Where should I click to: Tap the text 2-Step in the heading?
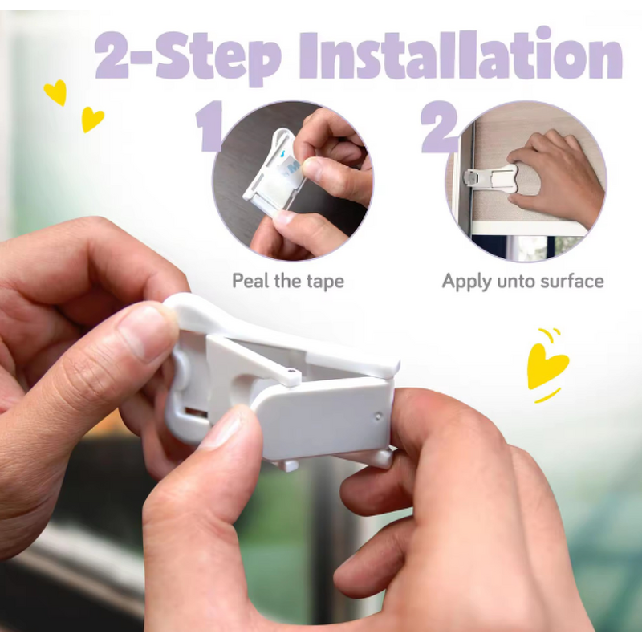[189, 56]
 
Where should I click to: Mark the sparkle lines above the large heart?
[548, 334]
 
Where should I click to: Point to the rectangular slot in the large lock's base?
[195, 413]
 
